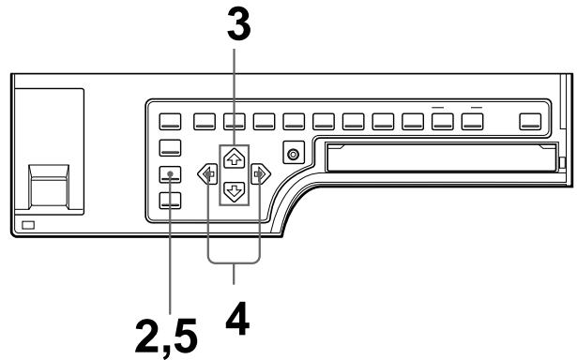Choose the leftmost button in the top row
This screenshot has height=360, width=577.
(170, 120)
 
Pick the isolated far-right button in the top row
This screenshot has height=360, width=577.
(531, 120)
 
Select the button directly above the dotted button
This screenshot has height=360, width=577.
(170, 146)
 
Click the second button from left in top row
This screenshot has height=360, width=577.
(203, 120)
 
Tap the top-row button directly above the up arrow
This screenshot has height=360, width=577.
(234, 120)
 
